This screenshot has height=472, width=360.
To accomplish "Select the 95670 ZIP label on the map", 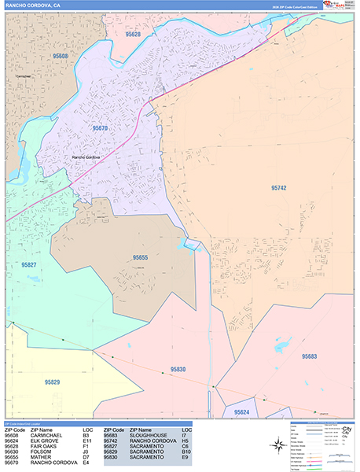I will click(x=100, y=127).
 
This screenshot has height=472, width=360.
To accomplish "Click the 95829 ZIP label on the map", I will click(x=53, y=382).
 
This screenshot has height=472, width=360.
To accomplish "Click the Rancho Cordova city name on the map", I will click(x=89, y=157).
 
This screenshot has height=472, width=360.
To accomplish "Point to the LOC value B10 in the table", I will click(x=186, y=450).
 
